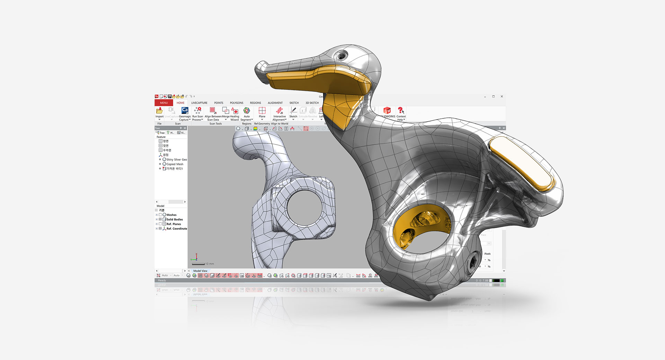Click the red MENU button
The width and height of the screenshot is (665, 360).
[x=163, y=103]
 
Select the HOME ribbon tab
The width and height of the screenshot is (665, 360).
[x=180, y=103]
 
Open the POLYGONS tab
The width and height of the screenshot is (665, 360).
[x=237, y=103]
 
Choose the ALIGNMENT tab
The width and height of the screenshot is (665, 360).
[x=275, y=103]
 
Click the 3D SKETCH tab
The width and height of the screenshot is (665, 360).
[x=312, y=103]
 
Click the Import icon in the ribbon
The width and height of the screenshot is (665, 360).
[x=159, y=111]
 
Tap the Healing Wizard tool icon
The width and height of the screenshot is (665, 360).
[x=235, y=111]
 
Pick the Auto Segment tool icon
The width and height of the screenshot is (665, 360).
[x=247, y=111]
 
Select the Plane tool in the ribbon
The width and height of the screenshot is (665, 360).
[x=262, y=111]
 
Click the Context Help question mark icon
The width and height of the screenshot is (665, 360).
[x=401, y=111]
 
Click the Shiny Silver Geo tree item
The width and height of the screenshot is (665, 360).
[x=176, y=160]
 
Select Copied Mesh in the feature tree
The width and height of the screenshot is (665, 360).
[x=175, y=164]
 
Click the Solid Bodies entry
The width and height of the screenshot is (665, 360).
[x=175, y=219]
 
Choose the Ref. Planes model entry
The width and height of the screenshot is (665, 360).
[x=174, y=224]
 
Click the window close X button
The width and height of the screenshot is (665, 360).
[x=502, y=97]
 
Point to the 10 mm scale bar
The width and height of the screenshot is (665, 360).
[x=199, y=264]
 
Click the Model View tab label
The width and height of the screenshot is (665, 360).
[x=200, y=271]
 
